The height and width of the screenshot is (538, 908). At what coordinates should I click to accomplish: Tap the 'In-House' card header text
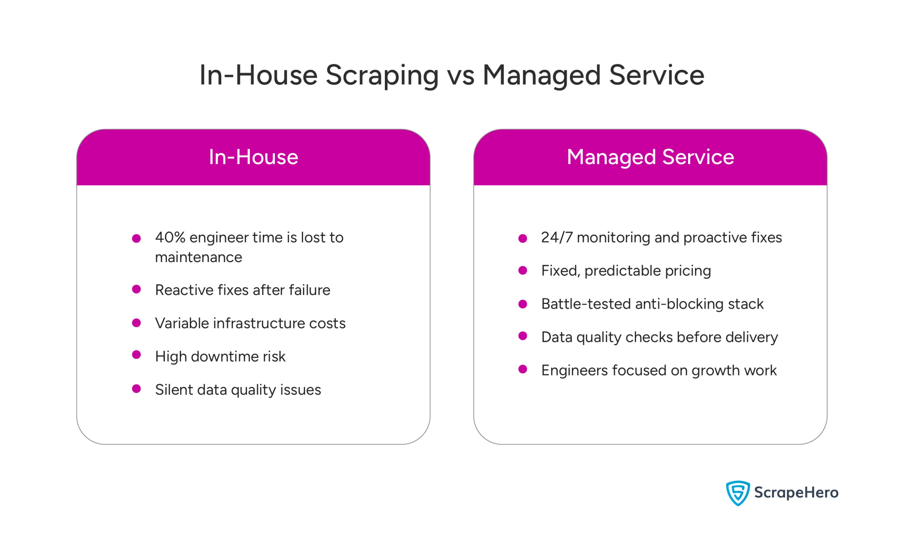[x=254, y=157]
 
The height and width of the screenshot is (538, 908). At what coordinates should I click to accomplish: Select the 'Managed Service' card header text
[x=650, y=157]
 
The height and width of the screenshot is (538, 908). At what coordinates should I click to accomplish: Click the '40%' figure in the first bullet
[x=170, y=238]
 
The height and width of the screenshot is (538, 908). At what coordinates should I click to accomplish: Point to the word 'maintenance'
[x=198, y=257]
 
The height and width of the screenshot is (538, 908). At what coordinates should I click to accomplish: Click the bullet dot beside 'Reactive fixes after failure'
[x=137, y=289]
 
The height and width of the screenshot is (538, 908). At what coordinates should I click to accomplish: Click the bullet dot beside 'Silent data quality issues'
[x=137, y=389]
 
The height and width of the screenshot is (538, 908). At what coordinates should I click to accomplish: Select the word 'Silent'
[x=173, y=390]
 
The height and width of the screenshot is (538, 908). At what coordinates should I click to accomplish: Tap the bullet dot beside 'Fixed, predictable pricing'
[x=522, y=271]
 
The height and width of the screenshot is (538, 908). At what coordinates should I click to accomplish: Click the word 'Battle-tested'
[x=586, y=304]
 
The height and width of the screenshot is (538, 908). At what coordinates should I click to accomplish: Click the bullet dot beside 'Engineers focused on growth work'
[x=522, y=369]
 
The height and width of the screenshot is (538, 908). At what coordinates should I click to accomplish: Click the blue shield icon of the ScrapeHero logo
[x=738, y=493]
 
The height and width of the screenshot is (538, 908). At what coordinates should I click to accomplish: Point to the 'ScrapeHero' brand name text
[x=796, y=493]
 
